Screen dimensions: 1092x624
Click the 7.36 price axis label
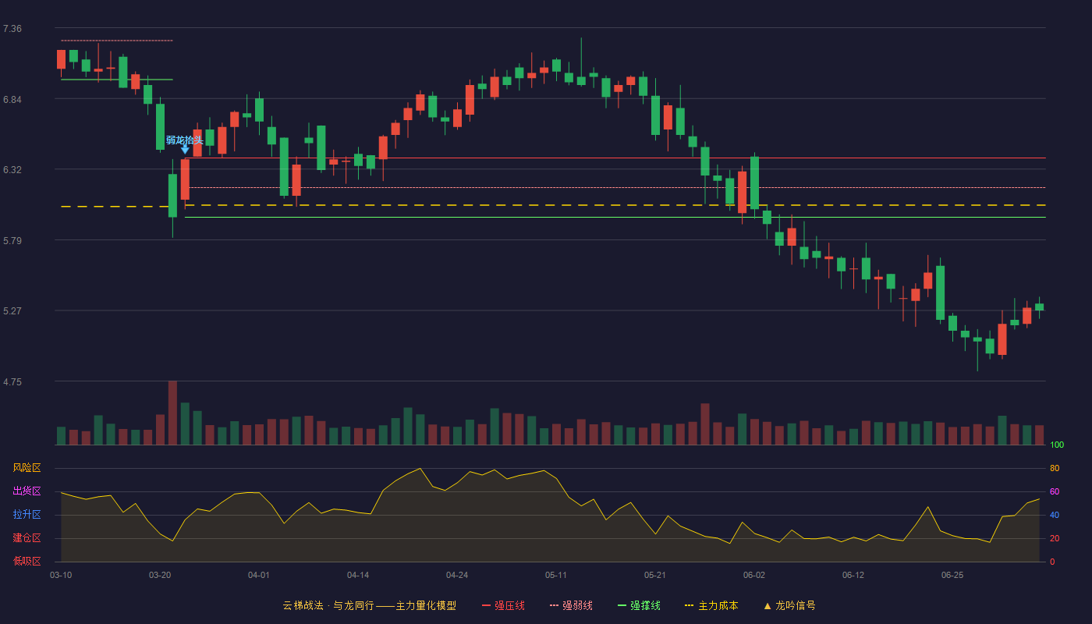[x=12, y=29]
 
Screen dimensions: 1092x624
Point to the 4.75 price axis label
[x=12, y=381]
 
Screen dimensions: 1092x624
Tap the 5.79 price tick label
[x=12, y=241]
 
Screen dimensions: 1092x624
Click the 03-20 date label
[x=160, y=576]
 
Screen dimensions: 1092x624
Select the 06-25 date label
[x=952, y=576]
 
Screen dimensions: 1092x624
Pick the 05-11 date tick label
[x=555, y=576]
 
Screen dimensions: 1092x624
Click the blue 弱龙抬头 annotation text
[x=184, y=140]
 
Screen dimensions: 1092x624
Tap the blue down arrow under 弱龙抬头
[x=185, y=149]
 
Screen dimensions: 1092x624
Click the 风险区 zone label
[x=27, y=468]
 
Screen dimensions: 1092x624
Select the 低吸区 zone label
[x=27, y=562]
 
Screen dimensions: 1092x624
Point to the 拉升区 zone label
[x=27, y=515]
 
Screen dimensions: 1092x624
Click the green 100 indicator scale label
[x=1057, y=445]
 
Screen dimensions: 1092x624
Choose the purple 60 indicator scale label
[x=1055, y=491]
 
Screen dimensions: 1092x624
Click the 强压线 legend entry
[x=503, y=605]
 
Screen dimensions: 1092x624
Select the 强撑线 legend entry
[x=639, y=605]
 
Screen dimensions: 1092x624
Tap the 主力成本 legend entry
[x=711, y=605]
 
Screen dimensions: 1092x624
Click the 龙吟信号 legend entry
[x=789, y=605]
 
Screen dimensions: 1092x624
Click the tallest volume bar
[x=172, y=413]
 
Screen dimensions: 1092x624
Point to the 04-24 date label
[x=457, y=576]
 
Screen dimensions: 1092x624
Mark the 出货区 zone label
[x=27, y=491]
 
